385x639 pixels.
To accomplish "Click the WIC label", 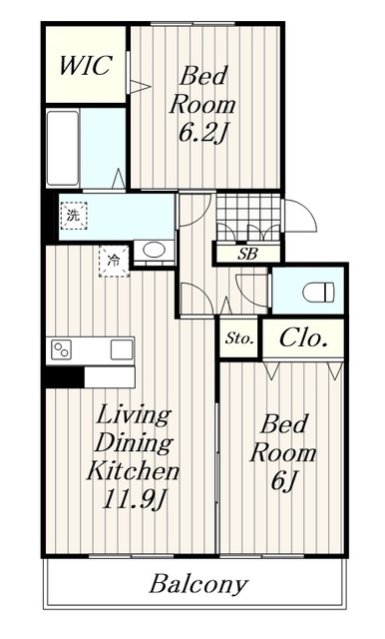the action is tap(85, 65).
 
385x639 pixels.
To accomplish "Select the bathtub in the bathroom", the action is tap(63, 148).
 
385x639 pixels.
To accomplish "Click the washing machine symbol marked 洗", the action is tap(74, 216).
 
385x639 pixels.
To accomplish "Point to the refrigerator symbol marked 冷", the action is tap(114, 262).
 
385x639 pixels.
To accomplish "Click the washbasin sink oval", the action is tap(154, 250).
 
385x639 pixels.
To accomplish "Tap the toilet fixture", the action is tap(318, 293).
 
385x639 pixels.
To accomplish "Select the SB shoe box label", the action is tap(247, 255).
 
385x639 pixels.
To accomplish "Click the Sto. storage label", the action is tap(239, 338).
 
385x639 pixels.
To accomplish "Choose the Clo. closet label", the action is tap(303, 337).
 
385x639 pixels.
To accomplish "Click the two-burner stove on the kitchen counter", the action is tap(62, 350).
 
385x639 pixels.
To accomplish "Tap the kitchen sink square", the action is tap(122, 349).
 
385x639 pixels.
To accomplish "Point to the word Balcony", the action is tap(198, 585).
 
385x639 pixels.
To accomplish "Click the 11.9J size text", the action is tap(135, 499).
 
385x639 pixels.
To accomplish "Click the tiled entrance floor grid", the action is tap(248, 217).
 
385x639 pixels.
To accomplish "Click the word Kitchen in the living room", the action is tap(133, 470).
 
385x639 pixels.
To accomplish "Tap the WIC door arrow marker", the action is tap(140, 87).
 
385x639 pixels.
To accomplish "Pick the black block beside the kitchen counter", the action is tap(64, 377).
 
